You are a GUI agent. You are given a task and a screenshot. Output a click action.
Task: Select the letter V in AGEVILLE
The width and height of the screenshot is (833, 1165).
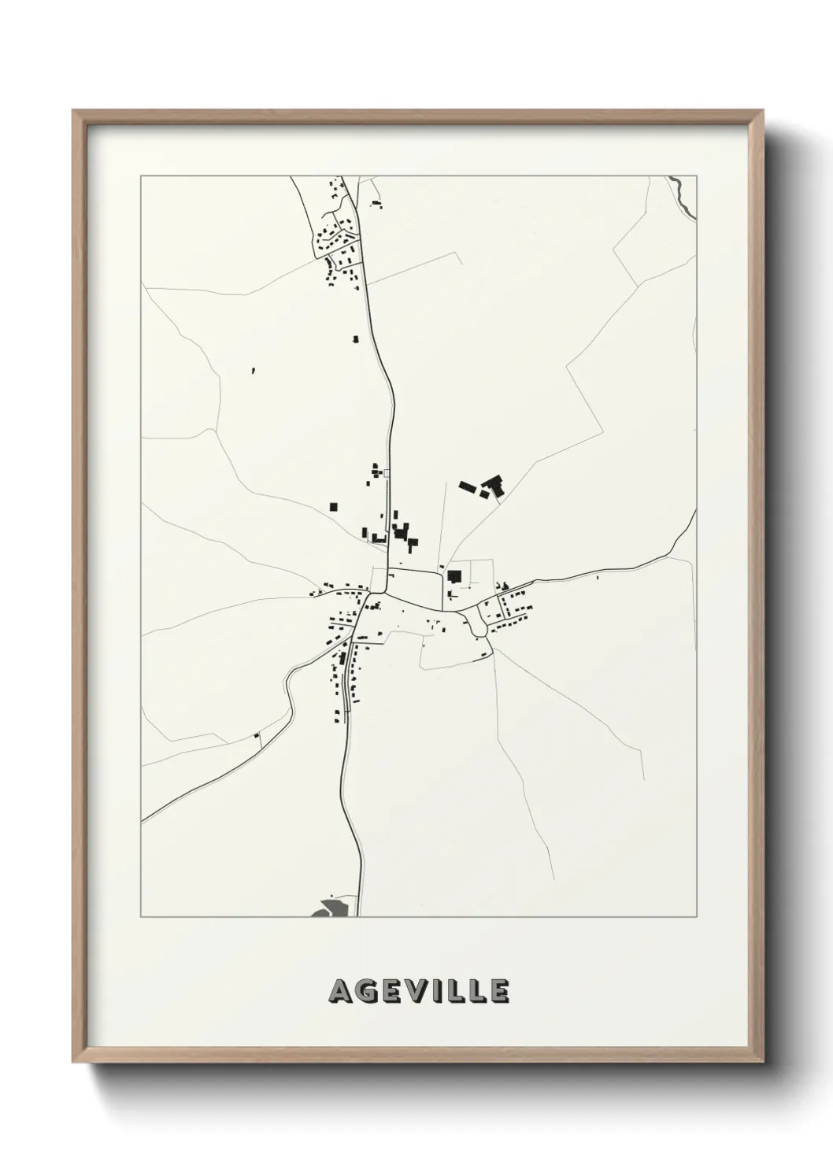tap(420, 992)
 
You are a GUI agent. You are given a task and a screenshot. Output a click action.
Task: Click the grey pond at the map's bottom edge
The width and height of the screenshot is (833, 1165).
tap(328, 908)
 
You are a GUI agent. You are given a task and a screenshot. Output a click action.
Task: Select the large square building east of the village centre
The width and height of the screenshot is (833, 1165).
tap(454, 576)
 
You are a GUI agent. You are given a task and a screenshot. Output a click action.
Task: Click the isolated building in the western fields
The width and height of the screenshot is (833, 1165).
tap(254, 369)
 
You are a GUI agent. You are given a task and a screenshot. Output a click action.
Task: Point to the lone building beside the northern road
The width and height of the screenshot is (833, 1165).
tap(355, 339)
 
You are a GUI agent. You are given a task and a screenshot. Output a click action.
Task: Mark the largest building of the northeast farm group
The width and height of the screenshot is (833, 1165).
tap(494, 485)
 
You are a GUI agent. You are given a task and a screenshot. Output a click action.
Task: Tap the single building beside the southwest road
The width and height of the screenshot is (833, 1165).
tap(257, 736)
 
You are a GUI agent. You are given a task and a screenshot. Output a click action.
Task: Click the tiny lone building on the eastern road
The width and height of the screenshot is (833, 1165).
tap(597, 579)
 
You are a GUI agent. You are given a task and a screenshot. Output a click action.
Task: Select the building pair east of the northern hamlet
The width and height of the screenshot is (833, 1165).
tap(376, 205)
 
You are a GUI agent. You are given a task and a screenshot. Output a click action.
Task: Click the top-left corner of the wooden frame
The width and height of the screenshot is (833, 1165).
tap(73, 111)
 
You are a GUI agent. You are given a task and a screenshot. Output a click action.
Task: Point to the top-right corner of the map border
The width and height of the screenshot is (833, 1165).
tap(696, 176)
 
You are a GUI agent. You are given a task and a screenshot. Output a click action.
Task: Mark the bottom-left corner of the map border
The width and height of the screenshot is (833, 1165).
tap(141, 916)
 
